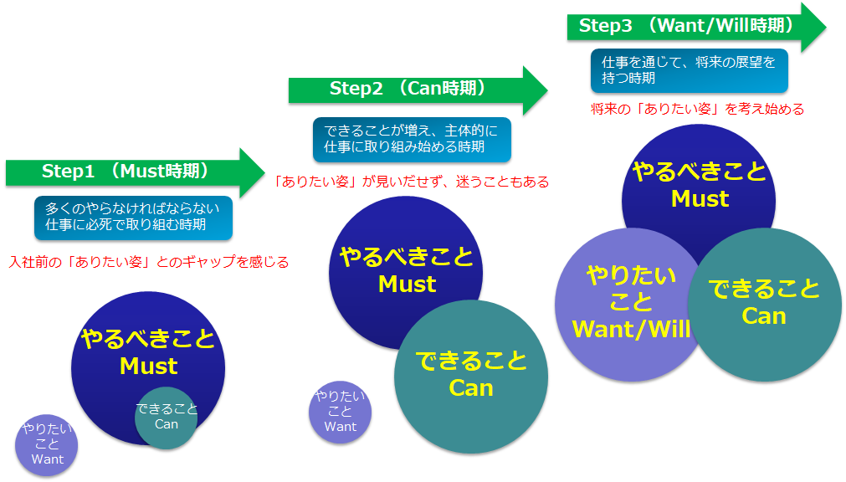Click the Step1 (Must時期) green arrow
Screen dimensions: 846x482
135,172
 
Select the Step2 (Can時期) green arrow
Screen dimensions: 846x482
418,90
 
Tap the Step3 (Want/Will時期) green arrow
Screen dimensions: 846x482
696,27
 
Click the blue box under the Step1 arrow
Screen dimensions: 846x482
133,218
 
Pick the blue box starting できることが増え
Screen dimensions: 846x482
412,139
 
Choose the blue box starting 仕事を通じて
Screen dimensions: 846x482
689,70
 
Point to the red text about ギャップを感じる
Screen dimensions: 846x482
149,262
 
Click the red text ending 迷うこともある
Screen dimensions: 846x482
411,182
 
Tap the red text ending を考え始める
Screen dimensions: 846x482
697,109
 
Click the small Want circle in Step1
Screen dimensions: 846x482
46,445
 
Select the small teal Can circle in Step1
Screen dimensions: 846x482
167,418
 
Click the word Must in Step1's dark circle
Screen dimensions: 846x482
148,366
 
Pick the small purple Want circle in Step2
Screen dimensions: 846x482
340,413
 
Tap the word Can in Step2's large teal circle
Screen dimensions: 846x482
471,388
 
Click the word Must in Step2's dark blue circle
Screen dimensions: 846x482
407,284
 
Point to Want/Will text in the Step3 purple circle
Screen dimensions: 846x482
631,329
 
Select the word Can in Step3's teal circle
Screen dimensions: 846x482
763,315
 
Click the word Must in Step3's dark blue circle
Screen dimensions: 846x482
700,198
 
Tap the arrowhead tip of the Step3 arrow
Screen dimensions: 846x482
825,27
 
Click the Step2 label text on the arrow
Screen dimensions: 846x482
356,89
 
